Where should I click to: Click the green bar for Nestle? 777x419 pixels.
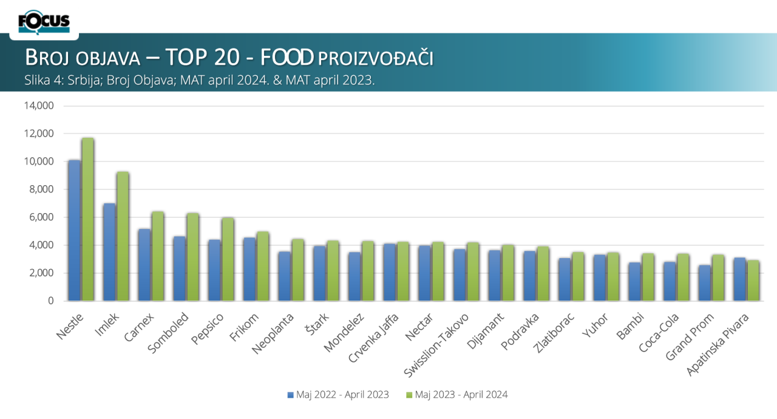tap(88, 219)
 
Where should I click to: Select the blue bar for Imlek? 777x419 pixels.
tap(109, 252)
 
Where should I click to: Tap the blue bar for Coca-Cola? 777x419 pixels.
tap(669, 281)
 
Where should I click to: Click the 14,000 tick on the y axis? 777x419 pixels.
tap(39, 106)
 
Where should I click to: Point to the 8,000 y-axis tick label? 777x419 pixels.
tap(41, 189)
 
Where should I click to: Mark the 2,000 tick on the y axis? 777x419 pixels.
tap(41, 273)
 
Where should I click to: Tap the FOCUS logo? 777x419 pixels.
tap(44, 22)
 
